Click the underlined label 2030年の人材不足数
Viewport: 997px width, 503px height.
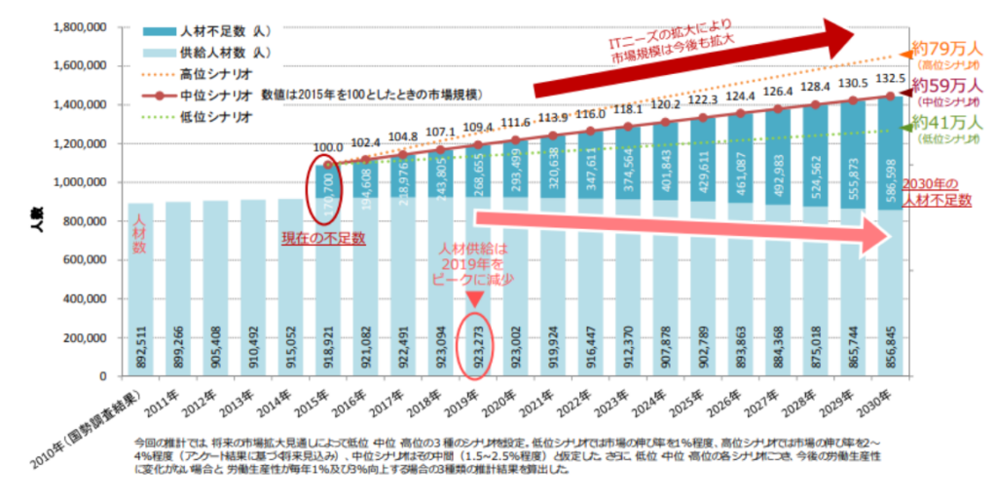pyautogui.click(x=936, y=191)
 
